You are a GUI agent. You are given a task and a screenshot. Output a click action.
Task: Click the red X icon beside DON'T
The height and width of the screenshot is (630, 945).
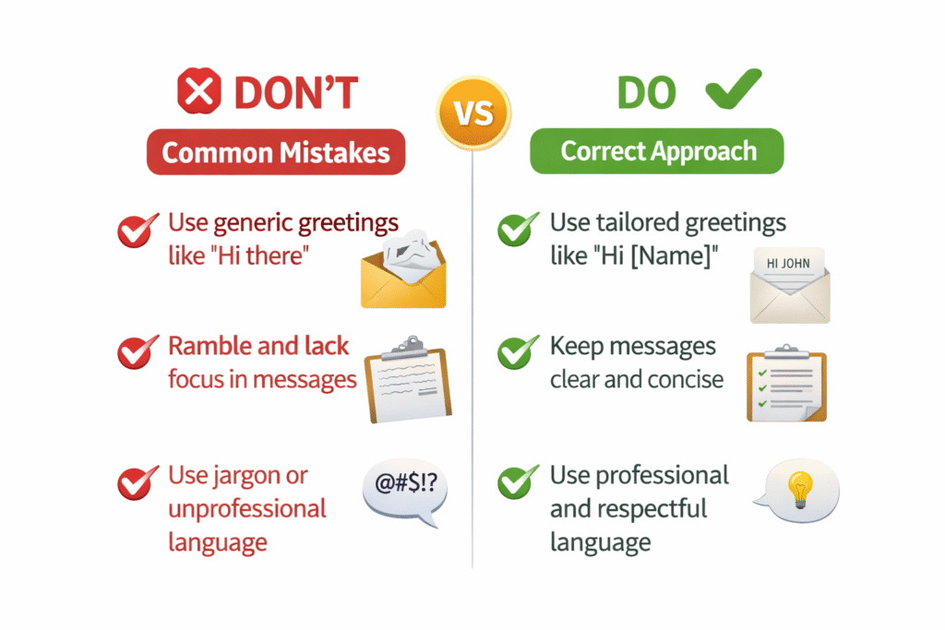pyautogui.click(x=199, y=91)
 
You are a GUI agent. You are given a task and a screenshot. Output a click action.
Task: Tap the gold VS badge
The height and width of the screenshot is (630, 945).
pyautogui.click(x=473, y=113)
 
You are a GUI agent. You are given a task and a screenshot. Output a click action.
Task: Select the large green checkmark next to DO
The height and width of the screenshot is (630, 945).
pyautogui.click(x=734, y=89)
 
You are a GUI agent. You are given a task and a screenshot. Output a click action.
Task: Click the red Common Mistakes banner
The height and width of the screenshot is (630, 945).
pyautogui.click(x=276, y=152)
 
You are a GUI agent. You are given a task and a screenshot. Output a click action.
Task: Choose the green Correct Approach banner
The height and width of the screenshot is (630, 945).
pyautogui.click(x=657, y=150)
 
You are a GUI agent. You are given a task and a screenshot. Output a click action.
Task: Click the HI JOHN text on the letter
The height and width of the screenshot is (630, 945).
pyautogui.click(x=788, y=263)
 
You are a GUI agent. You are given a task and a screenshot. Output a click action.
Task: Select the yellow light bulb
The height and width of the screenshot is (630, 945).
pyautogui.click(x=800, y=489)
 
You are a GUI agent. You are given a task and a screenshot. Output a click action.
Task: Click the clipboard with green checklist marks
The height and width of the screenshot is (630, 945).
pyautogui.click(x=786, y=383)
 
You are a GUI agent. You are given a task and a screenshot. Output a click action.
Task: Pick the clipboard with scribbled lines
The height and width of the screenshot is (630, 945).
pyautogui.click(x=407, y=379)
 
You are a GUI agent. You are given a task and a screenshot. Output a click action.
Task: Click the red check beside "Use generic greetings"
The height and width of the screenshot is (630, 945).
pyautogui.click(x=138, y=230)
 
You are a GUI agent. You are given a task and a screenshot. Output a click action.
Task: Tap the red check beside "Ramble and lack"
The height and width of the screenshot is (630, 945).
pyautogui.click(x=138, y=351)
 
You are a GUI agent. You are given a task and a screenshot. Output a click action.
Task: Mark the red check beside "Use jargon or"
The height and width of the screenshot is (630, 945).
pyautogui.click(x=138, y=483)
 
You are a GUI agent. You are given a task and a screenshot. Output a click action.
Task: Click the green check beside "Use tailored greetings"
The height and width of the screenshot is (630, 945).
pyautogui.click(x=517, y=229)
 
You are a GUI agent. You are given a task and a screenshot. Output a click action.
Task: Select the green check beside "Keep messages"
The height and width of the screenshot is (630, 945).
pyautogui.click(x=517, y=351)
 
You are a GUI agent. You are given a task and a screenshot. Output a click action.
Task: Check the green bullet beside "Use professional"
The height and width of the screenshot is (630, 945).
pyautogui.click(x=517, y=481)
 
